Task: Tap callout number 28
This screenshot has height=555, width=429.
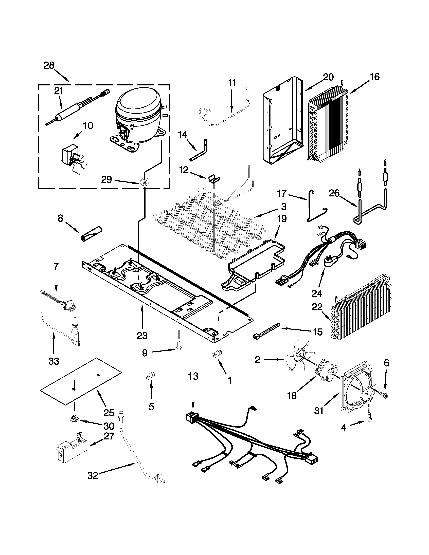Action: click(x=49, y=66)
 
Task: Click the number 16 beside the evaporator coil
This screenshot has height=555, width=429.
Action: click(x=375, y=77)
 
